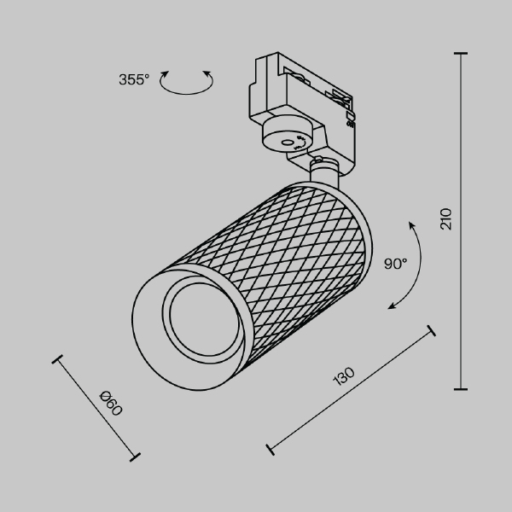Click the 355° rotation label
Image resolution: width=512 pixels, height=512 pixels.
click(x=134, y=80)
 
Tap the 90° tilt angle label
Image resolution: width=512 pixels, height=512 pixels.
click(x=395, y=265)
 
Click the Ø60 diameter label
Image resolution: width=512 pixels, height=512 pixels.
click(x=110, y=402)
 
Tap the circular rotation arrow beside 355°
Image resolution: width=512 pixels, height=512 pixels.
click(x=187, y=82)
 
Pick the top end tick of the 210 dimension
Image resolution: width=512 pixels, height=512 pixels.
click(x=462, y=54)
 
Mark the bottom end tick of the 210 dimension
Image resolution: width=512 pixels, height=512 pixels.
click(x=462, y=388)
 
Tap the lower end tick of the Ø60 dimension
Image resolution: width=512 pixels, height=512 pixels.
click(x=134, y=457)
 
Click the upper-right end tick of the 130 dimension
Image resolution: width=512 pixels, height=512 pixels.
click(x=429, y=332)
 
